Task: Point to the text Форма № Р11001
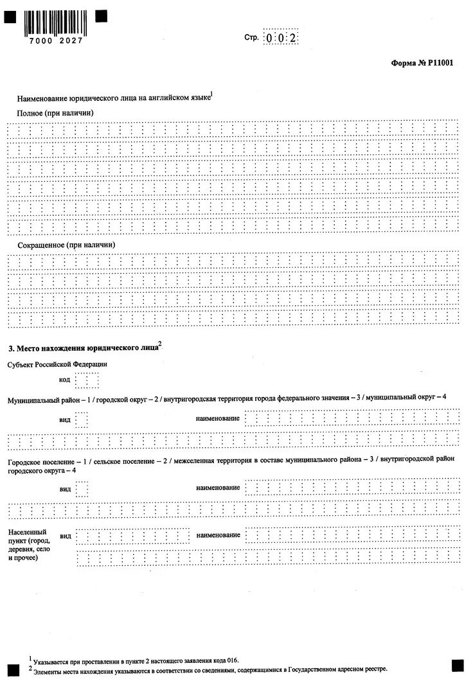pyautogui.click(x=418, y=63)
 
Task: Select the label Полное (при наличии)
pyautogui.click(x=55, y=112)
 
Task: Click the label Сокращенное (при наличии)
pyautogui.click(x=66, y=245)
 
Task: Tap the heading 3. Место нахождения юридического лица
pyautogui.click(x=84, y=348)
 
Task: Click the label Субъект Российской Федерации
pyautogui.click(x=57, y=364)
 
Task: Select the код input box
pyautogui.click(x=87, y=380)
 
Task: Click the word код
pyautogui.click(x=64, y=380)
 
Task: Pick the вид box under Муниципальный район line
pyautogui.click(x=82, y=419)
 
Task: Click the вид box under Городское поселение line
pyautogui.click(x=82, y=489)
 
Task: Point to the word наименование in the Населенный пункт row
pyautogui.click(x=218, y=534)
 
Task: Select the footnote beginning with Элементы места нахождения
pyautogui.click(x=210, y=669)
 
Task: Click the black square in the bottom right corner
pyautogui.click(x=458, y=665)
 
